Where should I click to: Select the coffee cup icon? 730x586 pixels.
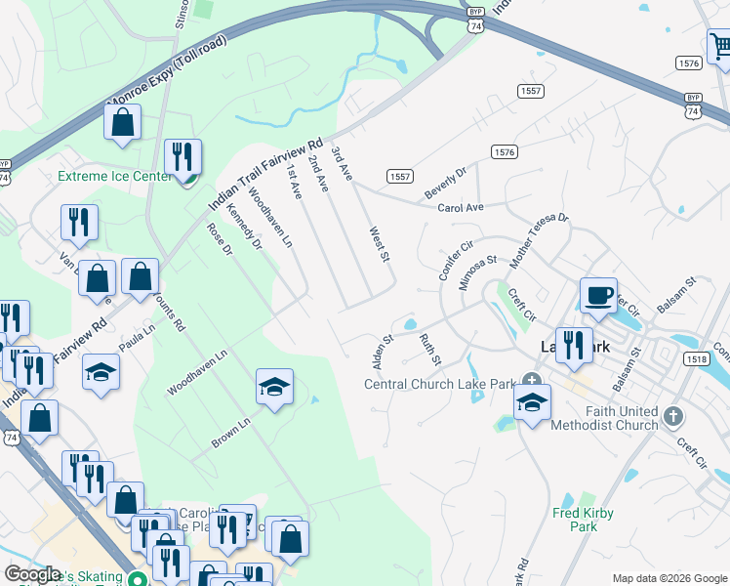tap(598, 295)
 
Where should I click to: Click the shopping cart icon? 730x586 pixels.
tap(719, 46)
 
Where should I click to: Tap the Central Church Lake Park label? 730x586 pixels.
tap(439, 384)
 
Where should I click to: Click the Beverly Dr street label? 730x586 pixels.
tap(446, 183)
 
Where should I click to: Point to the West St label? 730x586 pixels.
tap(379, 245)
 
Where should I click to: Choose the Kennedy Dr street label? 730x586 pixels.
tap(244, 227)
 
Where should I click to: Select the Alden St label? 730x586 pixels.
tap(381, 353)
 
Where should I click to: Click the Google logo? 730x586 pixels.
tap(34, 575)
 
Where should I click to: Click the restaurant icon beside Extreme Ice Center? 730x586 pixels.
tap(182, 158)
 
